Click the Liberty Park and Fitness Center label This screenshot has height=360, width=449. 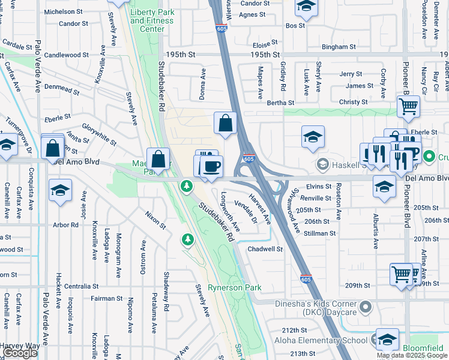pos(151,20)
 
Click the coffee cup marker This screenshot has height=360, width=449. pos(211,166)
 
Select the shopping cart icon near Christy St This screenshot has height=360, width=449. pos(408,107)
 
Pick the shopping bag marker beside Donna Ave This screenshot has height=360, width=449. pos(224,124)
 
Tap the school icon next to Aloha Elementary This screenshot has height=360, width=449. pos(387,340)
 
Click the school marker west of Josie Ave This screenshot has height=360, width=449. pos(61,191)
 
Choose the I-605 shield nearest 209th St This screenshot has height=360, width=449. pos(306,278)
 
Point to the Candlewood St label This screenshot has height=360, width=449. pos(67,55)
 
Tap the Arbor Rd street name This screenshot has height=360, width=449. pos(65,225)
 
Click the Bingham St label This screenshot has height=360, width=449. pos(335,46)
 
